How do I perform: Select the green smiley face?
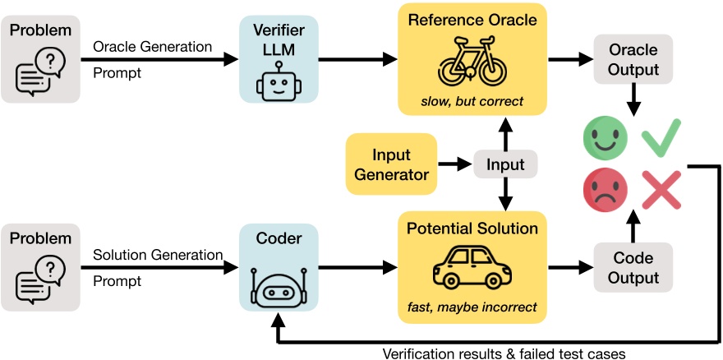(x=604, y=138)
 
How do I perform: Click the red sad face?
(x=604, y=189)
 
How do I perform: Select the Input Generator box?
(x=389, y=164)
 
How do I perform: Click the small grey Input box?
(x=506, y=164)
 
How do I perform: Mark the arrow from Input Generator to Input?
(x=452, y=164)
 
